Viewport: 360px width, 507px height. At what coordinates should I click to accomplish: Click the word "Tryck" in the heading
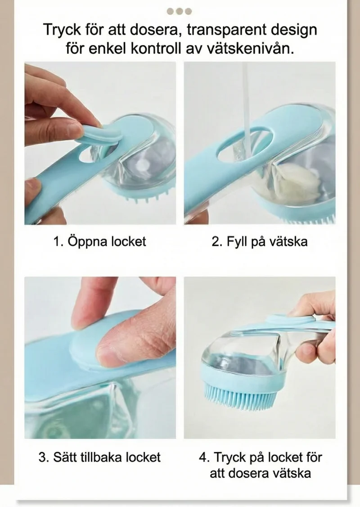[x=62, y=30]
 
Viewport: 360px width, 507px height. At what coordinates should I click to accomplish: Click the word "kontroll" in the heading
[x=156, y=49]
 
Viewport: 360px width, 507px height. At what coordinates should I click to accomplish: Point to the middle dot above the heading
[x=180, y=12]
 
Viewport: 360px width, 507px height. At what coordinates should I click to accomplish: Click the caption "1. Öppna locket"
[x=100, y=241]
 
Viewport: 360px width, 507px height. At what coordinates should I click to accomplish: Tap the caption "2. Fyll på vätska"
[x=260, y=241]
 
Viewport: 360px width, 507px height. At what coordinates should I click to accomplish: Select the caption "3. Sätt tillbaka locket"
[x=99, y=457]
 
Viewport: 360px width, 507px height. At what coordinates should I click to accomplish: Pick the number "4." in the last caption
[x=204, y=457]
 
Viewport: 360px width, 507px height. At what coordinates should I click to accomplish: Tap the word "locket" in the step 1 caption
[x=129, y=241]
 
